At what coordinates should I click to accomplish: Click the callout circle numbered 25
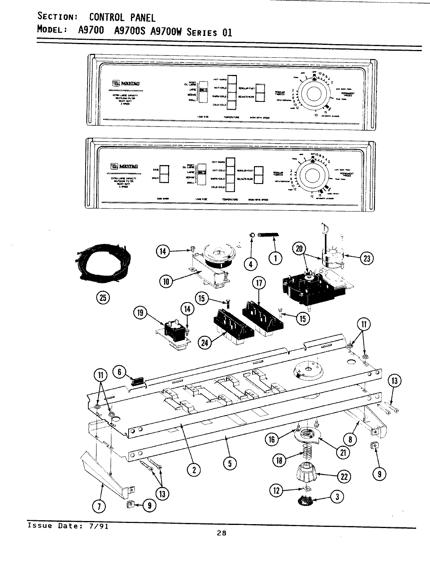[x=103, y=298]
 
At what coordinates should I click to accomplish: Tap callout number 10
[x=167, y=281]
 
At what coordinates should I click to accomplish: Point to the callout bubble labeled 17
[x=259, y=283]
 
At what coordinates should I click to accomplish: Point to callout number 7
[x=99, y=507]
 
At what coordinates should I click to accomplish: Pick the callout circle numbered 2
[x=193, y=470]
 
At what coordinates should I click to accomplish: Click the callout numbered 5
[x=230, y=463]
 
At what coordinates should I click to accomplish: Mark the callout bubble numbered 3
[x=337, y=496]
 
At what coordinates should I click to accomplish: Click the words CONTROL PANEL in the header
[x=122, y=17]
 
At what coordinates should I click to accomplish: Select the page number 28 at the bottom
[x=222, y=534]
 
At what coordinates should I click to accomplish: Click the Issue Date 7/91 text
[x=68, y=526]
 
